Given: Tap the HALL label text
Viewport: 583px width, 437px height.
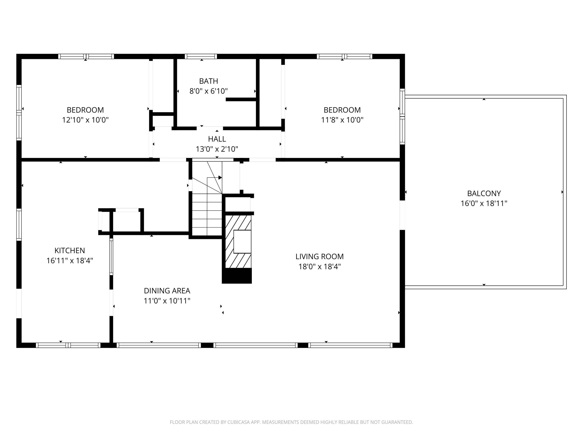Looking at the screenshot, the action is point(217,139).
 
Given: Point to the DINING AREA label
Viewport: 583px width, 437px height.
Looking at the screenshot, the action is point(167,291).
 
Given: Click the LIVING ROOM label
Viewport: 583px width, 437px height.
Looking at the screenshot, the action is point(319,256).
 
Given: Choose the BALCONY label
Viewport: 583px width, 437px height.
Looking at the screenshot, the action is point(484,193).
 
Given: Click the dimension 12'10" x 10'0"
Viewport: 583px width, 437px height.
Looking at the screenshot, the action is point(85,120).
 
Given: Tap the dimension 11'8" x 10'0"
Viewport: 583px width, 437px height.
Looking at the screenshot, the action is point(342,120).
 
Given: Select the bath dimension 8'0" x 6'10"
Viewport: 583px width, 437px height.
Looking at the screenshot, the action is point(209,91).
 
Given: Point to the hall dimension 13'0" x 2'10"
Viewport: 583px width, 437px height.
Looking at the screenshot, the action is point(217,149).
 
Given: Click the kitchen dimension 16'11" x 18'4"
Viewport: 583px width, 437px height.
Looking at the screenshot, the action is point(70,260).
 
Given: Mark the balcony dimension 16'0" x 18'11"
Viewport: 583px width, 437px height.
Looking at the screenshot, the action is point(484,203).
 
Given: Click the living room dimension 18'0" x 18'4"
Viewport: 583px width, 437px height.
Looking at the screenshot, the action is point(319,267).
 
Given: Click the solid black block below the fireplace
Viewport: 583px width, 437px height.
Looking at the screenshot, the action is point(237,276).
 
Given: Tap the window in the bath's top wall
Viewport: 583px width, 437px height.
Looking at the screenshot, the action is point(201,56).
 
